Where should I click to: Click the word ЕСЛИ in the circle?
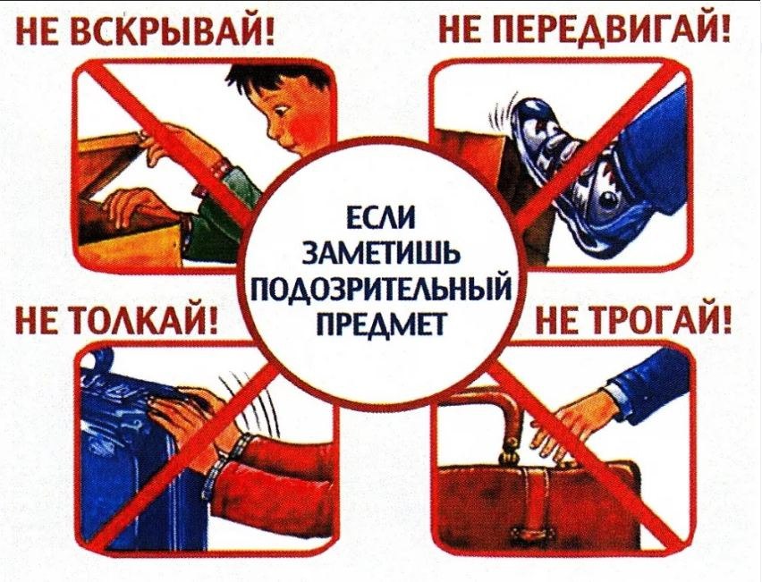(382, 217)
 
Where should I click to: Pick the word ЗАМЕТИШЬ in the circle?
(382, 252)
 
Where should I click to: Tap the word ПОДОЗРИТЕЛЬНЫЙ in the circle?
(382, 288)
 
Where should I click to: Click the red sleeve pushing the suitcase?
(277, 465)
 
